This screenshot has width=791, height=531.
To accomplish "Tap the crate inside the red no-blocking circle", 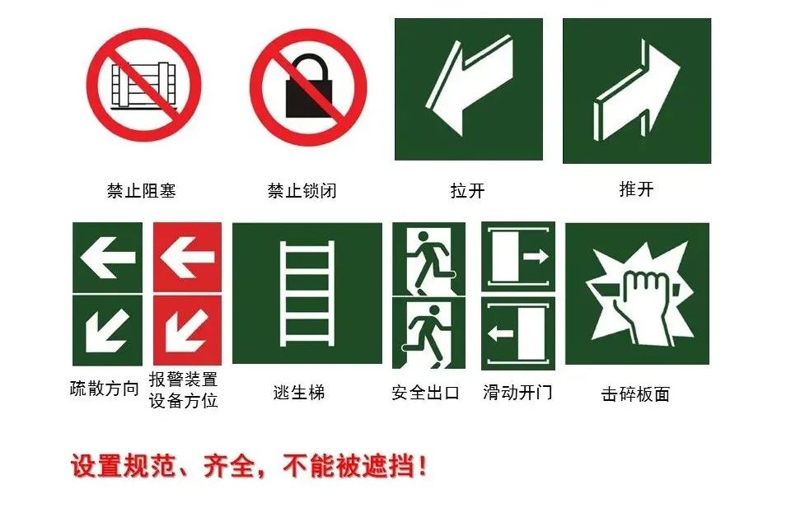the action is (143, 85).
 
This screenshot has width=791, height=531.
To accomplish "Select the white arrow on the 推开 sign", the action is (637, 91).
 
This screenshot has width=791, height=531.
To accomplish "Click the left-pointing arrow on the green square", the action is (107, 258).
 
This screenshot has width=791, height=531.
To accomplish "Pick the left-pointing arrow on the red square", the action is (188, 258).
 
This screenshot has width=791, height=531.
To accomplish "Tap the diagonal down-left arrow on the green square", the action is (107, 330).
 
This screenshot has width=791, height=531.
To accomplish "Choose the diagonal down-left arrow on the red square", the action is (187, 330).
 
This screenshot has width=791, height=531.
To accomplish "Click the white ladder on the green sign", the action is (307, 293).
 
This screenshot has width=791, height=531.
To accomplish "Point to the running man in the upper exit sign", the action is (430, 262).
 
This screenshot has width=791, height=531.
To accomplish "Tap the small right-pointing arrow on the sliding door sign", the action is (536, 256).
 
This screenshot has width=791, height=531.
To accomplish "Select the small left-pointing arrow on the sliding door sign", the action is (500, 333).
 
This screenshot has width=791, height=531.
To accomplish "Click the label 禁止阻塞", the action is (141, 190).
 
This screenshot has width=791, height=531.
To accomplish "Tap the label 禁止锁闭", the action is (302, 190).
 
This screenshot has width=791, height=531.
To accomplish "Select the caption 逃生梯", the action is (299, 392).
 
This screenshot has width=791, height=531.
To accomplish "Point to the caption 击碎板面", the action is (635, 394).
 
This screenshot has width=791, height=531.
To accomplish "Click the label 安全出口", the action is (425, 393).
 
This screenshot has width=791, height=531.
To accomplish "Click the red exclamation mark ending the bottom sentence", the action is (423, 466).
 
